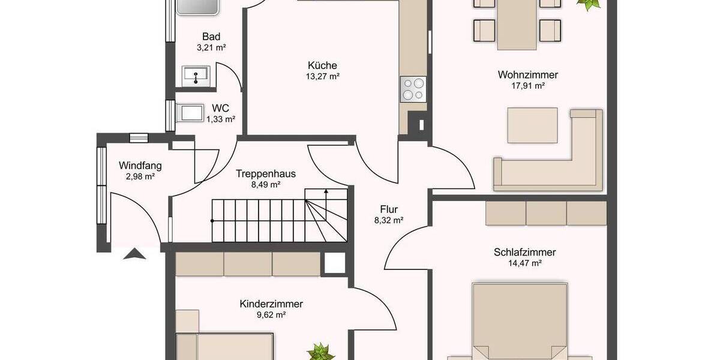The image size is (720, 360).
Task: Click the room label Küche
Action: click(322, 65)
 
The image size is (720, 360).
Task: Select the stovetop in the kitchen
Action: click(413, 89)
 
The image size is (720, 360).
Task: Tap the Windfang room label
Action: click(140, 166)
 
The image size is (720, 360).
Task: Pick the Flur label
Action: click(389, 209)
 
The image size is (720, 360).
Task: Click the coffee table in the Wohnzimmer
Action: click(532, 125)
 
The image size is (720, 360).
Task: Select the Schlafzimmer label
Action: click(524, 252)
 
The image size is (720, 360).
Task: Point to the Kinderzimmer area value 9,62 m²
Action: click(271, 314)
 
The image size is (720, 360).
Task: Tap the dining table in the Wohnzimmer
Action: click(517, 24)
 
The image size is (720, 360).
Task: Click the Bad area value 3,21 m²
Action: click(211, 47)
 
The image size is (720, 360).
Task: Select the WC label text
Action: click(220, 109)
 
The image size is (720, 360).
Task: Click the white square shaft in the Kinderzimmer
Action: click(334, 263)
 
